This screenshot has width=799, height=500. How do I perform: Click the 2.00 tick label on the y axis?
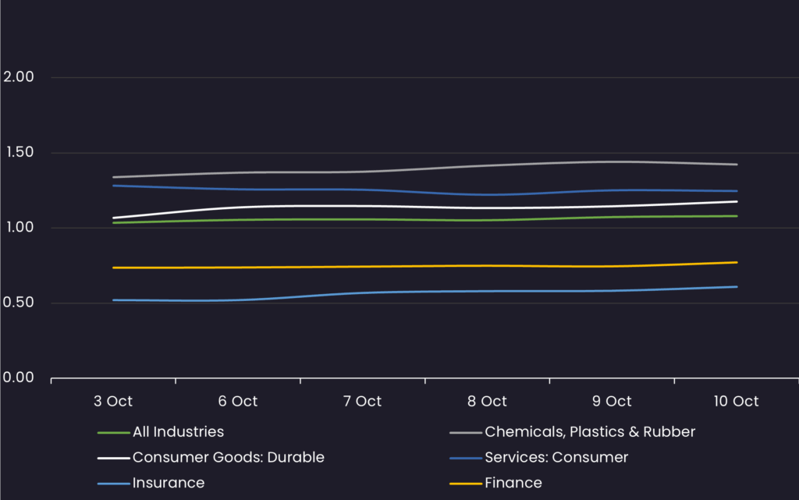[x=19, y=77]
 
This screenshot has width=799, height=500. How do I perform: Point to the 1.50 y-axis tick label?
[x=19, y=152]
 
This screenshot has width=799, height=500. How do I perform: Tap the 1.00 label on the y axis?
[x=19, y=228]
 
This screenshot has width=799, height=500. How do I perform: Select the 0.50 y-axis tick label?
[x=19, y=303]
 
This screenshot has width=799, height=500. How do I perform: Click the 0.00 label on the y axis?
[x=19, y=378]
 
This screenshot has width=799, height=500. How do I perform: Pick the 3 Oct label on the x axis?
[x=113, y=402]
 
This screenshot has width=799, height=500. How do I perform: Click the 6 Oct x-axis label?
[x=238, y=402]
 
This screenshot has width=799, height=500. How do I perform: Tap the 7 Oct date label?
[x=363, y=402]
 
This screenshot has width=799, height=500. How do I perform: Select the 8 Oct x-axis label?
[x=488, y=402]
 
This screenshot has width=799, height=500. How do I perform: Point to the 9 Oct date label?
[x=613, y=402]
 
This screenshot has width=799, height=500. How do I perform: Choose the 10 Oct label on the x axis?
[x=736, y=402]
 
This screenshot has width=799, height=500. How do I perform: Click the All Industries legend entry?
[x=178, y=431]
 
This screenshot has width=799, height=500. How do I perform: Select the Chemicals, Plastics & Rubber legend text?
[x=589, y=431]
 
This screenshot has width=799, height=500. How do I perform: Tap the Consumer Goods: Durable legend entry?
[x=228, y=457]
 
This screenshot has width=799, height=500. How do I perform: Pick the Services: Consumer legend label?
[x=556, y=457]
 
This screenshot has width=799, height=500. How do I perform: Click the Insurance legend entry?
[x=168, y=483]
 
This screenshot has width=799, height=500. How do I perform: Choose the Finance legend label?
[x=513, y=483]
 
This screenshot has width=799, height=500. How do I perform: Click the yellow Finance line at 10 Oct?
[x=736, y=263]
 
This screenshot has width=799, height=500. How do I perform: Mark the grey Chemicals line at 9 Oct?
[x=613, y=161]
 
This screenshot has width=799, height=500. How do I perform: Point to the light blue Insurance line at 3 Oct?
[x=114, y=300]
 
